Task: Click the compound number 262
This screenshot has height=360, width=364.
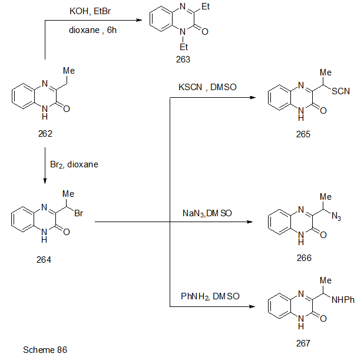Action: pyautogui.click(x=45, y=134)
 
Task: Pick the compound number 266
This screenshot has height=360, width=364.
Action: pyautogui.click(x=304, y=257)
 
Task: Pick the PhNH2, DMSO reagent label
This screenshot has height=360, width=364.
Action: pyautogui.click(x=210, y=296)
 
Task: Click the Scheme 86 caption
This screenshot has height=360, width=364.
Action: pyautogui.click(x=45, y=350)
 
